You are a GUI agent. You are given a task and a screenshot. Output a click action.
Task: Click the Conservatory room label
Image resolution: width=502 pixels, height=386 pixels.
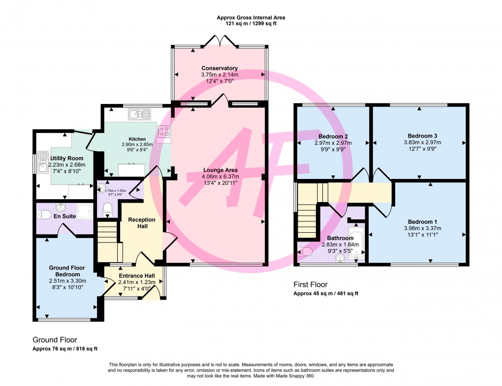[220, 68]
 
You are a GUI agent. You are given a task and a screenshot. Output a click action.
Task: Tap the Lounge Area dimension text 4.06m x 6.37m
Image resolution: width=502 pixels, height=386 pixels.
[221, 176]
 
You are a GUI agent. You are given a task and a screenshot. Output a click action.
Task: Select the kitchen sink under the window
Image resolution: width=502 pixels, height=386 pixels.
[139, 115]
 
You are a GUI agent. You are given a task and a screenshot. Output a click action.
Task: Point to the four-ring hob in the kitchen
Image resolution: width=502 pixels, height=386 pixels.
[163, 131]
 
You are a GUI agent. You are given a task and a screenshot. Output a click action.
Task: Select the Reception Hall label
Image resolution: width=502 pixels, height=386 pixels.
[141, 223]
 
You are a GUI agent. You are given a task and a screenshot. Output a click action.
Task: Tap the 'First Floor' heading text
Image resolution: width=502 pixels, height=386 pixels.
[310, 284]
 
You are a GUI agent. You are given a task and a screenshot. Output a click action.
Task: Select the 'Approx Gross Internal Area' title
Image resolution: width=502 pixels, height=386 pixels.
[251, 17]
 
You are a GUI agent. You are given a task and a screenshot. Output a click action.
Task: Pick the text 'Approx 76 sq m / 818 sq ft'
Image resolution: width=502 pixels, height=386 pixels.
[65, 349]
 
